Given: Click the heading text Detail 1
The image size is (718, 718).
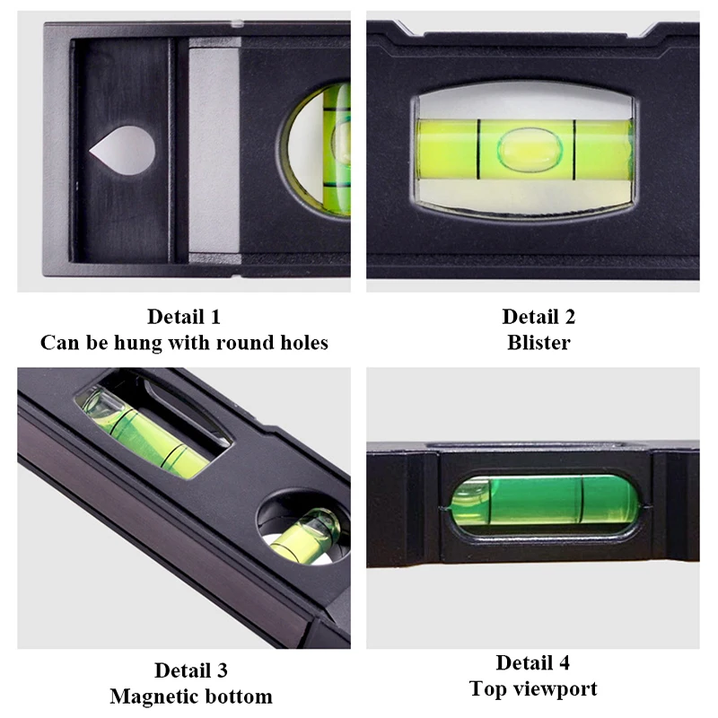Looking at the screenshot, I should (x=184, y=317).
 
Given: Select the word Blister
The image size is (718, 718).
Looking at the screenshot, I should (x=538, y=343).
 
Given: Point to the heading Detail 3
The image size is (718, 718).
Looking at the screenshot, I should (x=190, y=670).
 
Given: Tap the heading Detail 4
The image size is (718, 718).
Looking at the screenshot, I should (x=533, y=663).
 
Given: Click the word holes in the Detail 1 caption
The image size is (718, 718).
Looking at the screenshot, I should (x=299, y=343).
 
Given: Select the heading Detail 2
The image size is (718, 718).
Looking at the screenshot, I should (x=538, y=317).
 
